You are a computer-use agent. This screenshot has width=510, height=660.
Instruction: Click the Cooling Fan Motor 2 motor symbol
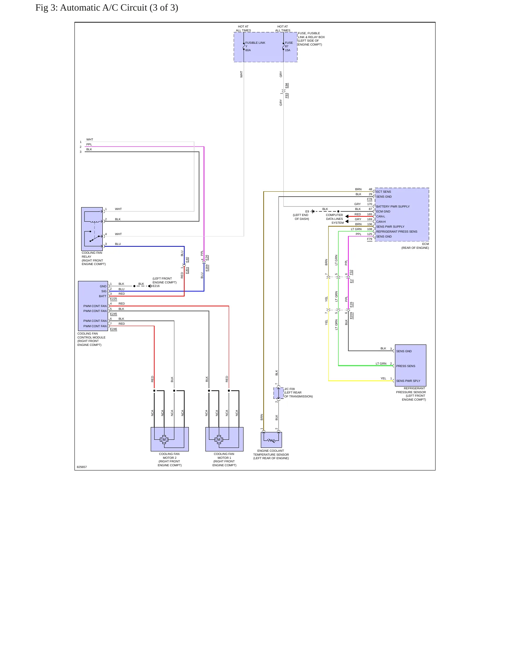point(164,439)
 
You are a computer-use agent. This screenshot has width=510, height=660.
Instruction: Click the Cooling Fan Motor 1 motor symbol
point(219,439)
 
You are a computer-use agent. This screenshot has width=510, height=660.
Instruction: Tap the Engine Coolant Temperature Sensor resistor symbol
point(271,440)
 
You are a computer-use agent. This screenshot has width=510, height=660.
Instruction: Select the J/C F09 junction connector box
point(278,393)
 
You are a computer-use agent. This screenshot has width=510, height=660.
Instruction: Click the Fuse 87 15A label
point(289,46)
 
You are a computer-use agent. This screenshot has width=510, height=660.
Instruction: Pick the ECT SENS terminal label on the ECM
point(384,192)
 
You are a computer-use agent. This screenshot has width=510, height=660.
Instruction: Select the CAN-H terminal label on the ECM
point(381,222)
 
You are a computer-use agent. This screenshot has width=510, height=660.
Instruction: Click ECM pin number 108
point(370,229)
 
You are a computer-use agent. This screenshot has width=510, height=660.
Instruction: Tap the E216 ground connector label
point(156,286)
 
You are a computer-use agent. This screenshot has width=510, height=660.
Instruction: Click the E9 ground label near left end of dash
point(307,211)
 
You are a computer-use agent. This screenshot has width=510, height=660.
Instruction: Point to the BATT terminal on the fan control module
point(103,296)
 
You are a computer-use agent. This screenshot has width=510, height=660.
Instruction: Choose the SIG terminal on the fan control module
point(104,291)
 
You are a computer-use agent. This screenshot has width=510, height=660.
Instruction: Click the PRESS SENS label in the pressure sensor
point(406,366)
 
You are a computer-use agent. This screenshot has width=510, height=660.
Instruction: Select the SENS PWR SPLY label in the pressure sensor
point(408,381)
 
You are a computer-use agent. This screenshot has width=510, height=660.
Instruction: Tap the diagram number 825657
point(82,467)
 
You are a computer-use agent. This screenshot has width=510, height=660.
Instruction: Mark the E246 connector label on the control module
point(113,329)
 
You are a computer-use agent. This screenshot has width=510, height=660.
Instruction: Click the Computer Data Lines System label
point(335,219)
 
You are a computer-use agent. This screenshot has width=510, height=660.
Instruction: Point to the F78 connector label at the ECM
point(370,199)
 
